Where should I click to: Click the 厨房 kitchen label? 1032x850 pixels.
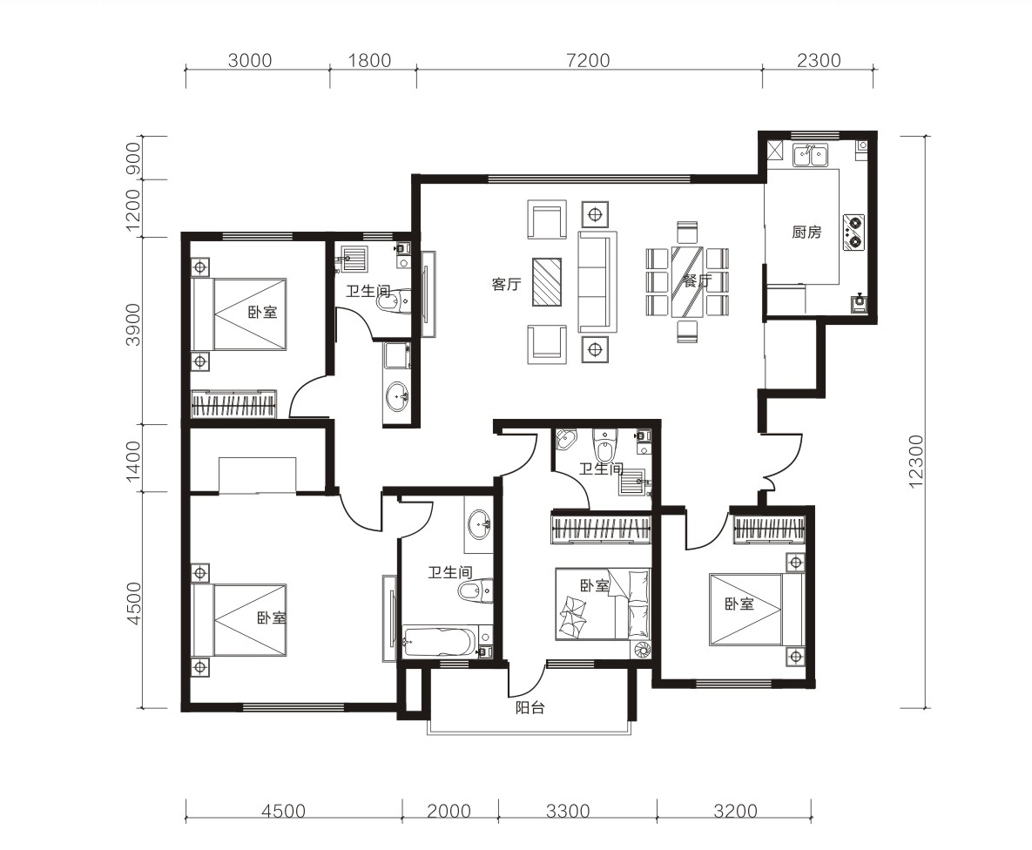tap(806, 232)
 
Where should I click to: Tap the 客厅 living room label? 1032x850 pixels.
tap(506, 284)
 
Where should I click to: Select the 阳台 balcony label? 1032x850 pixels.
tap(529, 708)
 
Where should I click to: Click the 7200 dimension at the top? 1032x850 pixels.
tap(588, 61)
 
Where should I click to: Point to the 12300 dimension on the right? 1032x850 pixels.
tap(915, 461)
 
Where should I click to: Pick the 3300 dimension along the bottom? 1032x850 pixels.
tap(568, 811)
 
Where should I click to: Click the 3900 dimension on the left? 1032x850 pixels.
tap(133, 324)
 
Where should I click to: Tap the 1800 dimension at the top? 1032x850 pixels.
tap(369, 61)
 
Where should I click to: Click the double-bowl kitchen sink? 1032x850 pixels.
tap(810, 155)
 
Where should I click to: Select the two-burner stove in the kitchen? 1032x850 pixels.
tap(853, 231)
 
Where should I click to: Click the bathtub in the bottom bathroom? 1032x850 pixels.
tap(440, 641)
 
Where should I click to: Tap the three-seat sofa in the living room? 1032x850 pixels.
tap(597, 281)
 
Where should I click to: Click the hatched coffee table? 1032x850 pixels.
tap(547, 282)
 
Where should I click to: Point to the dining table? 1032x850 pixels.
tap(687, 282)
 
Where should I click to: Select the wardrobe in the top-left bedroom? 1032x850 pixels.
tap(233, 403)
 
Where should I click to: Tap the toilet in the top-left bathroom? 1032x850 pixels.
tap(394, 300)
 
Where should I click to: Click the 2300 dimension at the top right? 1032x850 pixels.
tap(819, 61)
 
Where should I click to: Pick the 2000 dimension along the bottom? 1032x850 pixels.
tap(449, 811)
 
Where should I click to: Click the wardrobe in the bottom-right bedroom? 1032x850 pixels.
tap(769, 530)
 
